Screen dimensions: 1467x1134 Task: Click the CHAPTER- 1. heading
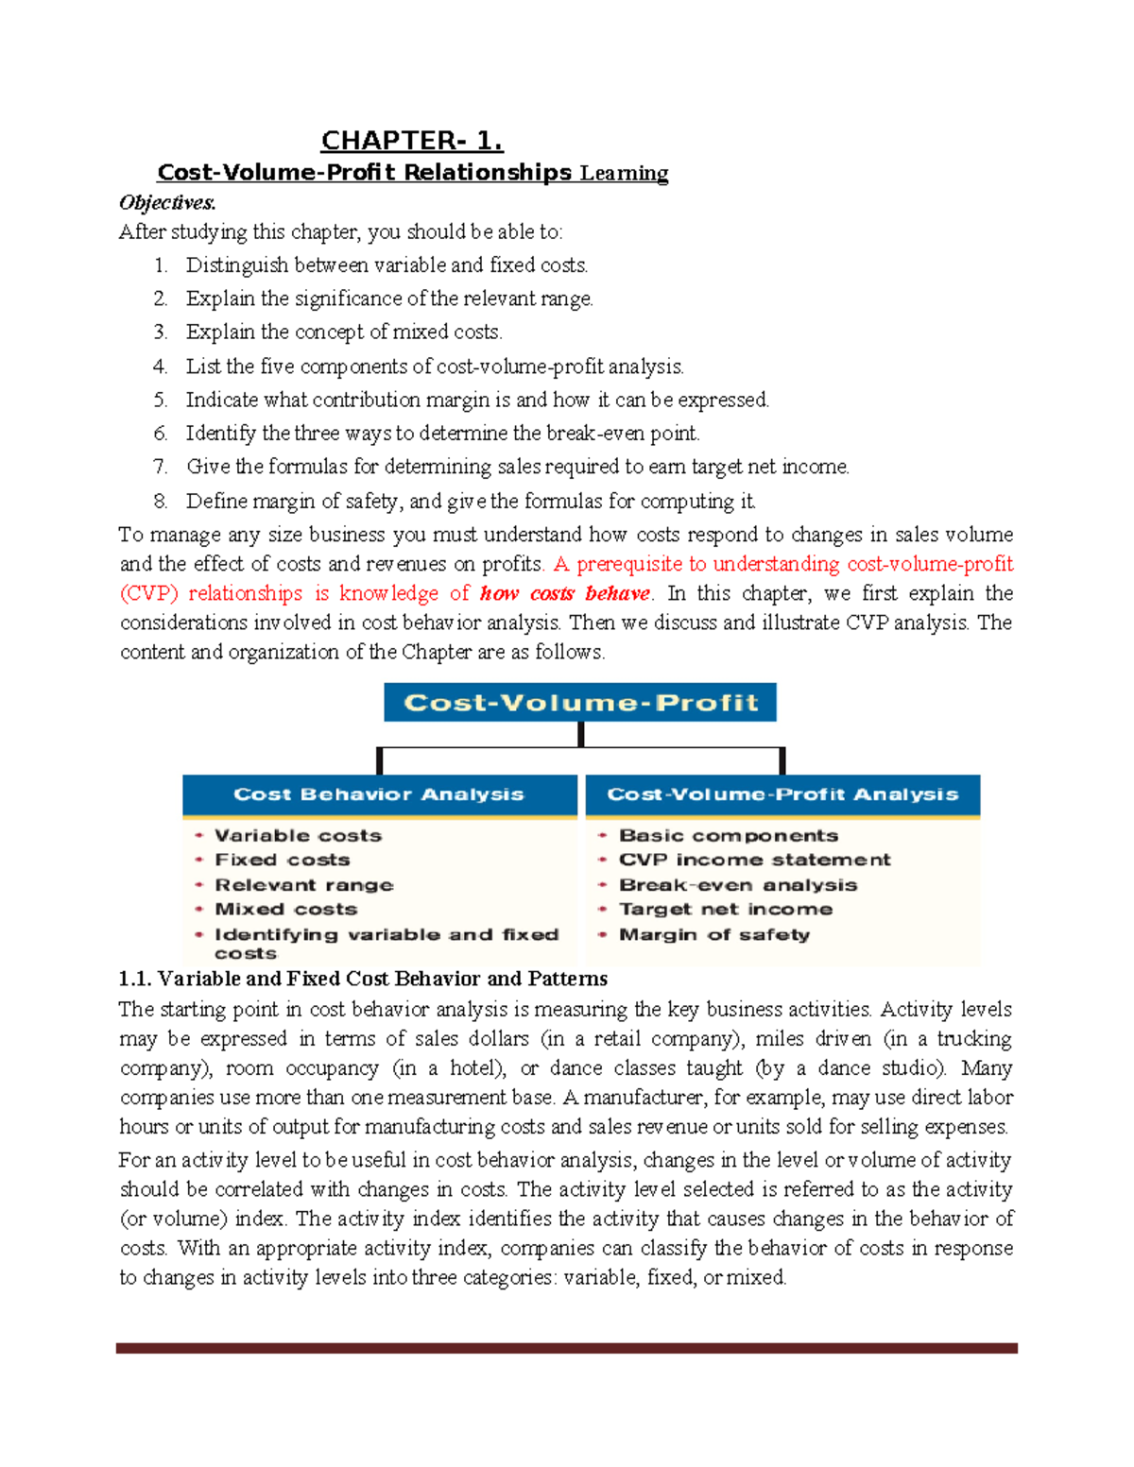(412, 141)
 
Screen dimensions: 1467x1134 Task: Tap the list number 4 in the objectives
(160, 367)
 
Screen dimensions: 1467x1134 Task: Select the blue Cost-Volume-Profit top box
(579, 703)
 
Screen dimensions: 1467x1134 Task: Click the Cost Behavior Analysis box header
(379, 794)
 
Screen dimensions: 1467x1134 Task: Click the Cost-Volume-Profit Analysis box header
(782, 794)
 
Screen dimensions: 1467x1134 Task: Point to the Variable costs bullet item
(298, 836)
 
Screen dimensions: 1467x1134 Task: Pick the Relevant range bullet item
(303, 885)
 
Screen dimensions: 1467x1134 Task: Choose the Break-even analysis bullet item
(737, 885)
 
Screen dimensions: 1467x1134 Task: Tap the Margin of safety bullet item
(713, 934)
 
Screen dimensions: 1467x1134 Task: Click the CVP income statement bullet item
(754, 861)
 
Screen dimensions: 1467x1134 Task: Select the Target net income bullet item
(725, 910)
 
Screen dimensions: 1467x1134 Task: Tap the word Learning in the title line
(624, 173)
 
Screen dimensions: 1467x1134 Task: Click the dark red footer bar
(566, 1348)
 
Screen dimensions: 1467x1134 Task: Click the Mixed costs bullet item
(285, 910)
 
